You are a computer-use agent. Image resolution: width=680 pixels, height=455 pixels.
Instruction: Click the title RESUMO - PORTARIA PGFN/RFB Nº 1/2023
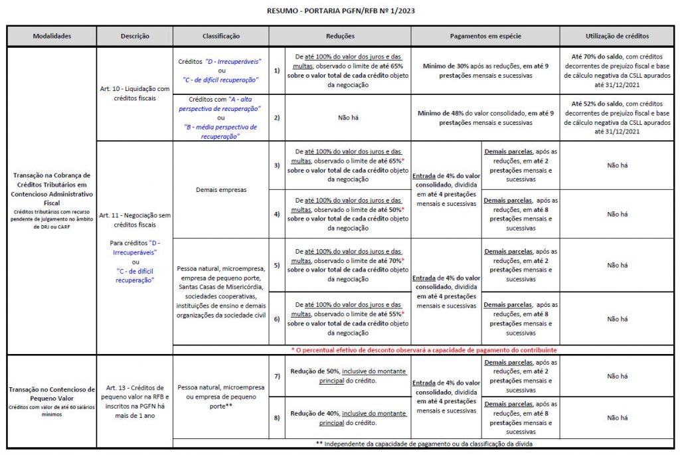coord(340,11)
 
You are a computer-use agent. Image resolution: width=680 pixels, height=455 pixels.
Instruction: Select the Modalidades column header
coord(52,36)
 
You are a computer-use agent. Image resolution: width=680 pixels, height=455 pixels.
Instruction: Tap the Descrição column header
coord(135,36)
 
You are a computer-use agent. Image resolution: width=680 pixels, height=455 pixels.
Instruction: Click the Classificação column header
coord(220,36)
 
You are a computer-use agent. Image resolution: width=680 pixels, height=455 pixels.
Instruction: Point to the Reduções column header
coord(340,36)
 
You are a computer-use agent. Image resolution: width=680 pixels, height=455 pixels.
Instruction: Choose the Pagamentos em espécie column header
coord(485,36)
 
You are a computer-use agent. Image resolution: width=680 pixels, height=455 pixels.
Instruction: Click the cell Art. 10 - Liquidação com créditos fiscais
coord(135,94)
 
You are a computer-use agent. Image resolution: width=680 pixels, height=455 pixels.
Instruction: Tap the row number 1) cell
coord(277,70)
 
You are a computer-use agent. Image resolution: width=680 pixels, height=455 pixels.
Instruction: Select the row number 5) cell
coord(277,265)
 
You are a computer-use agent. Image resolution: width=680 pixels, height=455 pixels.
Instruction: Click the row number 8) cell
coord(277,418)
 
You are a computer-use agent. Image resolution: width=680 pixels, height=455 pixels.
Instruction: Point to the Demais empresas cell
coord(220,189)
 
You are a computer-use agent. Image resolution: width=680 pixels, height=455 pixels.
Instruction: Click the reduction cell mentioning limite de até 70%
coord(348,265)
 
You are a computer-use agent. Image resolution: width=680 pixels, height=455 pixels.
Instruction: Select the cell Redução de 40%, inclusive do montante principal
coord(348,418)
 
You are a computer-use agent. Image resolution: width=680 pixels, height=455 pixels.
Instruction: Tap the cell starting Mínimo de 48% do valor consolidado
coord(485,118)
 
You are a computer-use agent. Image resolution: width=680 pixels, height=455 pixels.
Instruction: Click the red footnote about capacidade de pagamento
coord(424,349)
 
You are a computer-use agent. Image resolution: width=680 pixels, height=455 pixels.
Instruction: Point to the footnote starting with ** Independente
coord(424,443)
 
